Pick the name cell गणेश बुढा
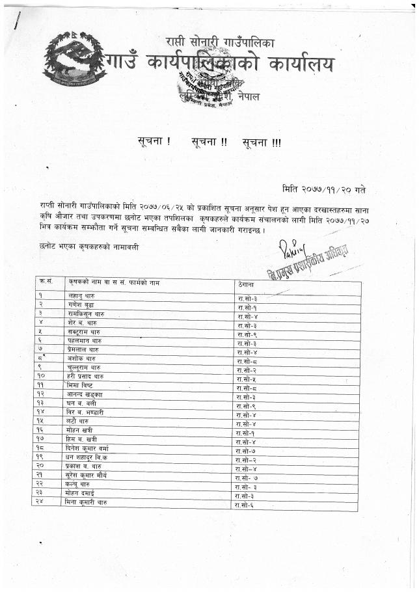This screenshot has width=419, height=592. coord(81,305)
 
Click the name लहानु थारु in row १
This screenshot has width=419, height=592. coord(81,296)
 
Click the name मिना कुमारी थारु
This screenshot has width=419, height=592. coord(87,502)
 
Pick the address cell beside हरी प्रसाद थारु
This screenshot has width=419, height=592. coord(247,379)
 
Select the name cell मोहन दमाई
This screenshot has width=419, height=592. coord(81,493)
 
